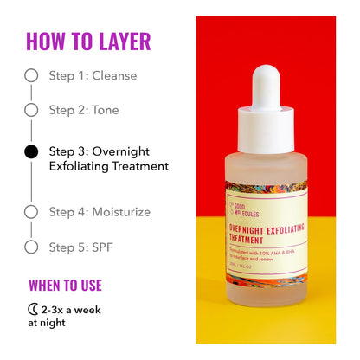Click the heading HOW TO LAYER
[88, 41]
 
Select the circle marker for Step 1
[31, 75]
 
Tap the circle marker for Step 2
[31, 110]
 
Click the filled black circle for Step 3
[31, 151]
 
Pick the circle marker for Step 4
[31, 211]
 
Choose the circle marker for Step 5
[31, 247]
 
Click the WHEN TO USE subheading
[65, 285]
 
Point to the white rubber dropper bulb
[270, 82]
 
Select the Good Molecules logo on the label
[241, 209]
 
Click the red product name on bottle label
[264, 233]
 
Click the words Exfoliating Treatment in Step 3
[108, 165]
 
